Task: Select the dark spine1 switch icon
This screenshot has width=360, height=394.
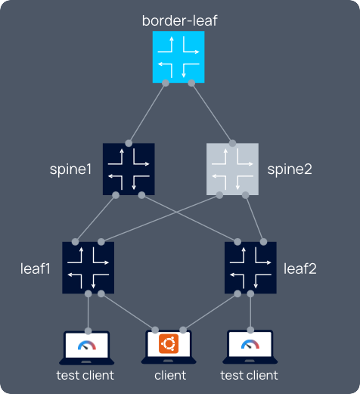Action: (129, 169)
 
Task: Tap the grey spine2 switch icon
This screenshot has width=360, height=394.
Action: (232, 169)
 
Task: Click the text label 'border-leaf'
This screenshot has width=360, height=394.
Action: (179, 20)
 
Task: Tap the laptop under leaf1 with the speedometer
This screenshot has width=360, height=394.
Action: (88, 347)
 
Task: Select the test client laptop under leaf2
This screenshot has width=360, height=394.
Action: (250, 347)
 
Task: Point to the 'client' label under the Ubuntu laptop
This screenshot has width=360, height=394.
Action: (169, 375)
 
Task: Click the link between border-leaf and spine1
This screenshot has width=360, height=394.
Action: (147, 112)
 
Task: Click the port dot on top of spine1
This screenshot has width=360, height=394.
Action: (129, 142)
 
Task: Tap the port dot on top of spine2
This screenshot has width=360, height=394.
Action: (233, 142)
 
